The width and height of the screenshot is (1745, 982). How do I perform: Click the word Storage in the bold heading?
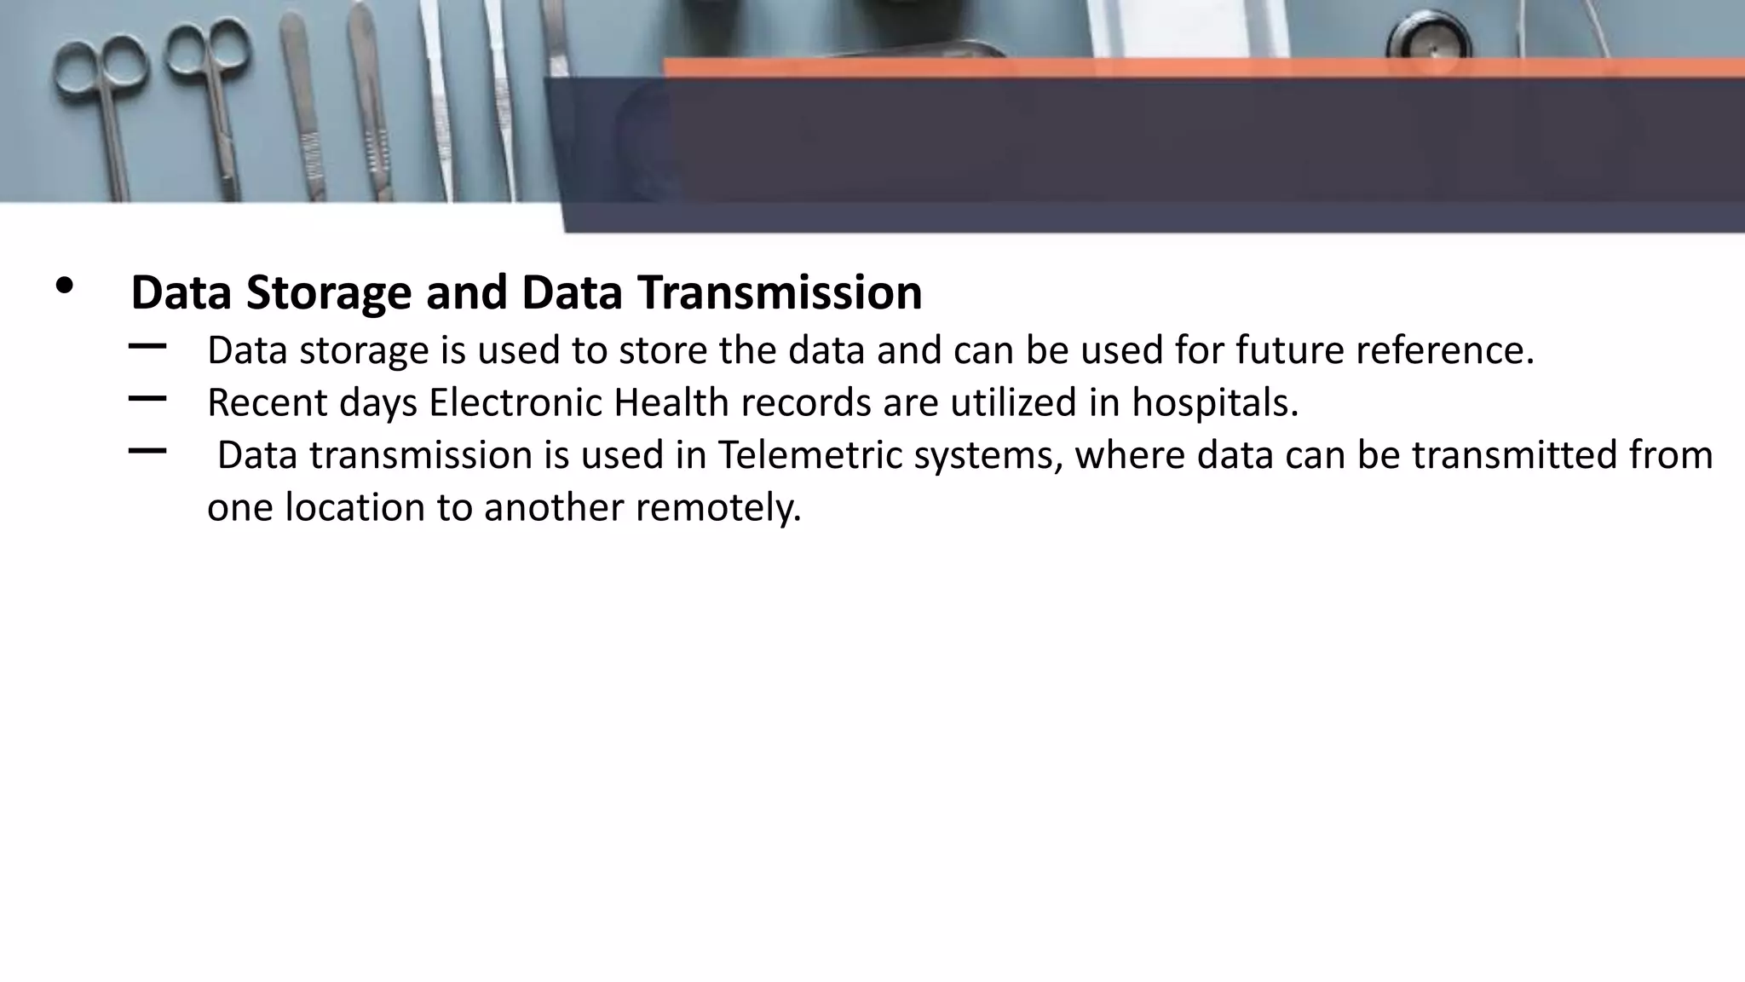[x=329, y=293]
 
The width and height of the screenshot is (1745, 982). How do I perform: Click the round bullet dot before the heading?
[x=64, y=286]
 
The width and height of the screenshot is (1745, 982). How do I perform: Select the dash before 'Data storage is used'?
[x=147, y=346]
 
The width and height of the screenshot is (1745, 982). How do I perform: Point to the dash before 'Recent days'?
[x=147, y=398]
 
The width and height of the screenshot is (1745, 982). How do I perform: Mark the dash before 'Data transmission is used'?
[x=147, y=451]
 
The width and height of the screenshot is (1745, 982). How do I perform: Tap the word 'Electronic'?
[x=515, y=402]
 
